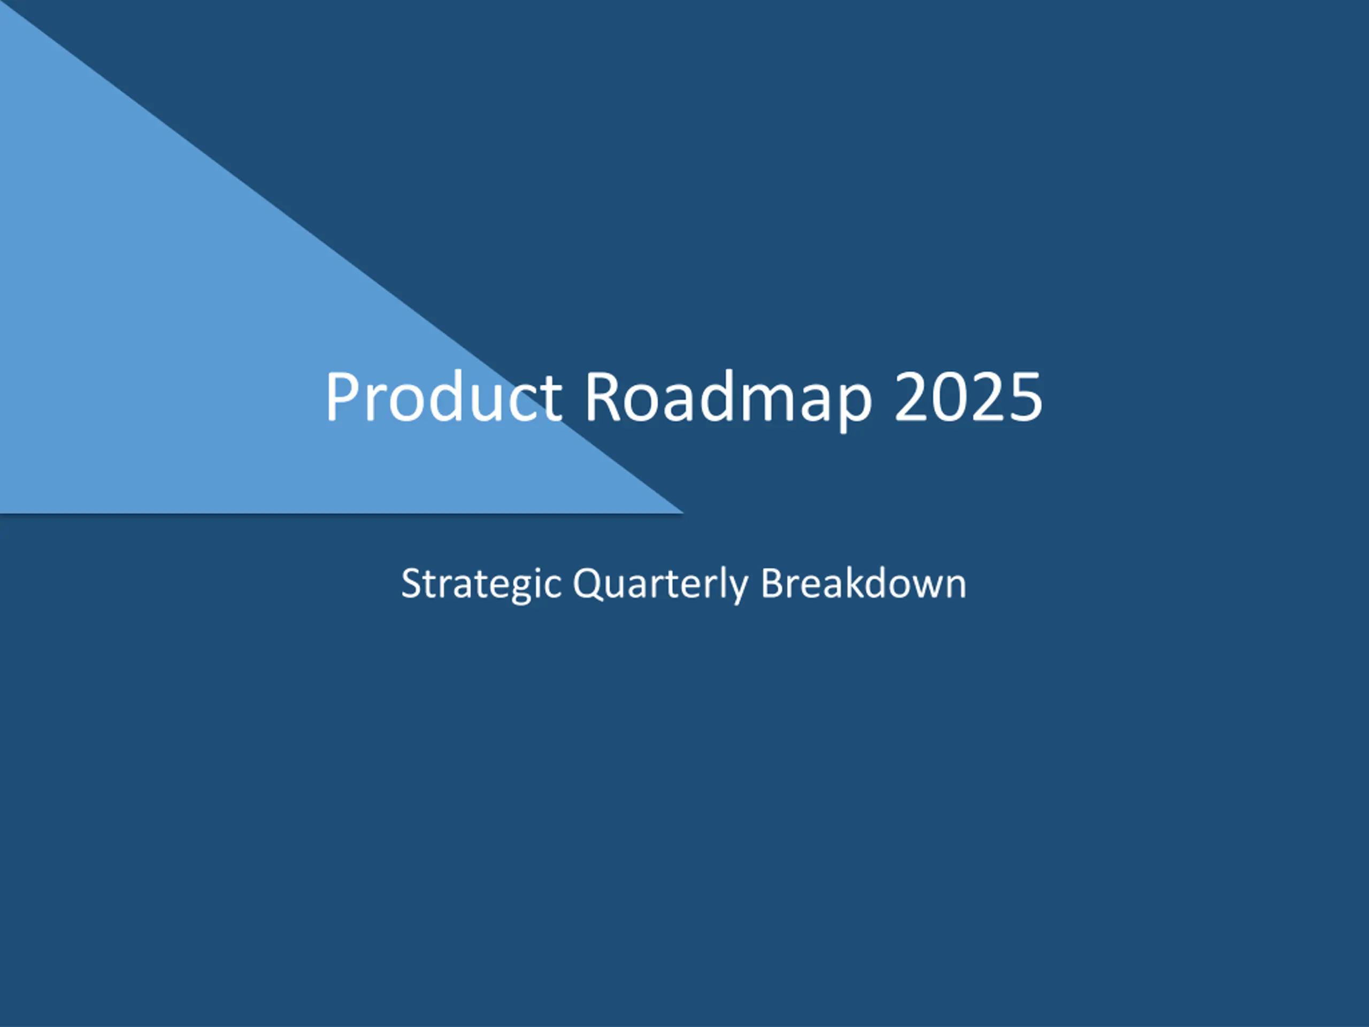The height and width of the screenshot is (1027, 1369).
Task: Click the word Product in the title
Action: (444, 396)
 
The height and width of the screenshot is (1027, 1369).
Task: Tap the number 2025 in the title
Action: (968, 397)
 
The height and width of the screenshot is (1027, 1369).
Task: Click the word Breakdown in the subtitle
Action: (863, 583)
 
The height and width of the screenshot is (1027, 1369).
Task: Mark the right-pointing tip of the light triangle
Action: (683, 512)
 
